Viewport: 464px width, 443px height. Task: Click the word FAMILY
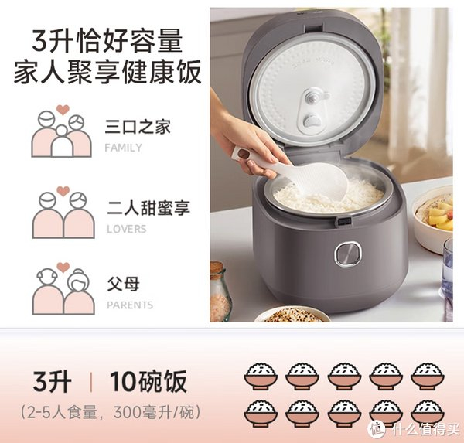124,148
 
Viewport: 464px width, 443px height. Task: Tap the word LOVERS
127,229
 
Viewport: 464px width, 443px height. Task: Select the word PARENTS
130,305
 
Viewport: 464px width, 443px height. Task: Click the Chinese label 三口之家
138,127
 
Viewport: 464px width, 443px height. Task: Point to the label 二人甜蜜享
148,207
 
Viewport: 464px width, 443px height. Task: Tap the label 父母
123,284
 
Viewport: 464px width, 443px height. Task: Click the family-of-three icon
62,131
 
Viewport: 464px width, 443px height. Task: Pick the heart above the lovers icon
63,191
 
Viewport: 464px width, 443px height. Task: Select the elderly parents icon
63,288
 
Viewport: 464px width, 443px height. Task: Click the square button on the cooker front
348,254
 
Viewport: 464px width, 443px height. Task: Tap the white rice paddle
299,174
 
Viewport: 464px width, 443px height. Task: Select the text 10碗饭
148,382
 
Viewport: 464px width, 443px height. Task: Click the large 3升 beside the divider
52,382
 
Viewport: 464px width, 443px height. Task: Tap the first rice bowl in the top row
261,376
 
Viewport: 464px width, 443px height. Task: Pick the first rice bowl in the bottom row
261,414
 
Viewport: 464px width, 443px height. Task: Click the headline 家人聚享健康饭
107,72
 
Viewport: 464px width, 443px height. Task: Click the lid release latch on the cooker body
343,222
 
